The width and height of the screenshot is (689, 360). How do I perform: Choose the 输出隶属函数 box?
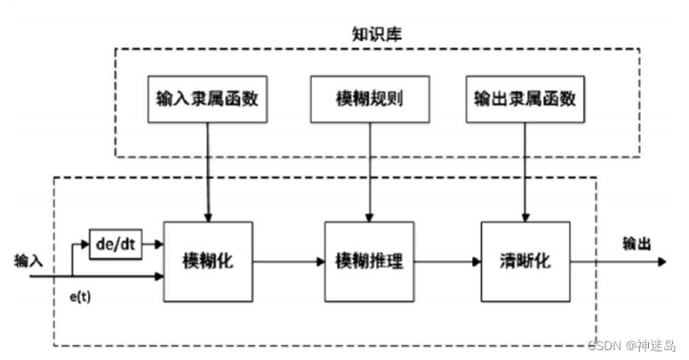point(524,99)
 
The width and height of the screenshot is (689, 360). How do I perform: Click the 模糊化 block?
point(208,261)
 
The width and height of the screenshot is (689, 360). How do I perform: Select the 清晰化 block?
point(524,261)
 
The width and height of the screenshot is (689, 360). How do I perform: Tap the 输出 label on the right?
point(637,243)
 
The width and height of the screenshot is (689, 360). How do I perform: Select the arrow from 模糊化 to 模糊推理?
point(289,261)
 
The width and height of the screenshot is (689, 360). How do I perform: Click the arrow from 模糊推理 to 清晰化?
point(447,261)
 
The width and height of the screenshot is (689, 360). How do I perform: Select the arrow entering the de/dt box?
point(80,243)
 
